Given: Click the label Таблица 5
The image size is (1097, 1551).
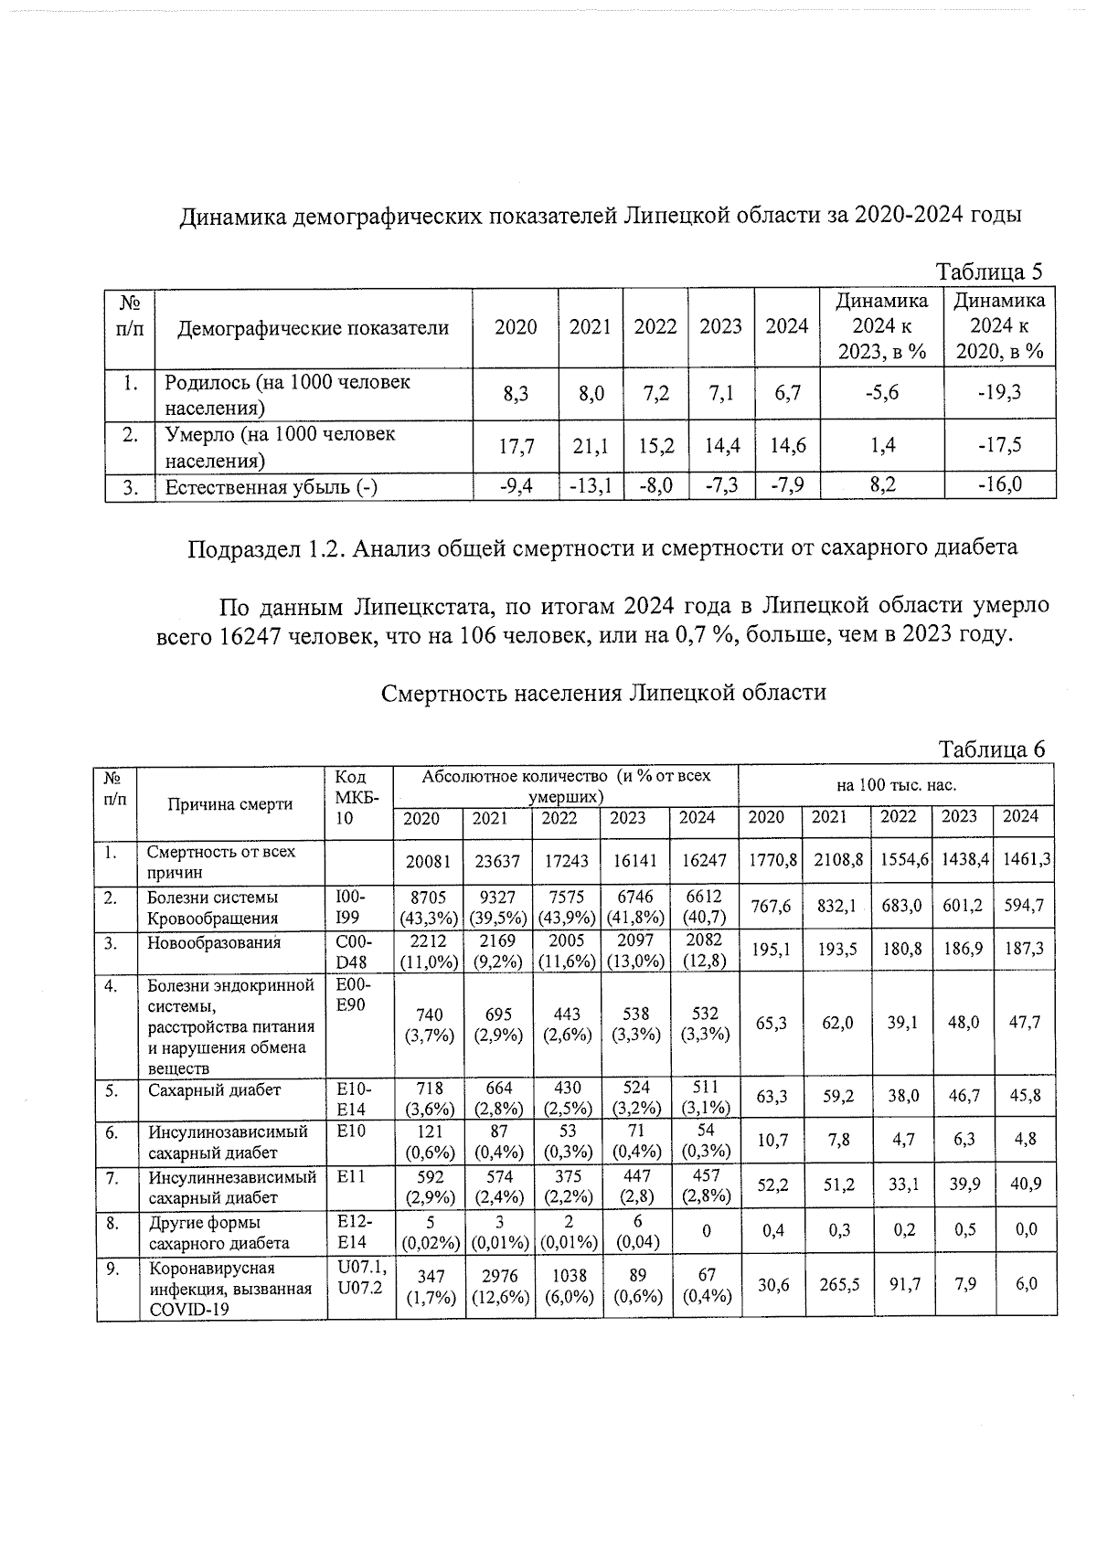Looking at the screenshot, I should point(988,271).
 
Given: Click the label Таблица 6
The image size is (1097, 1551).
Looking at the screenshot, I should point(991,749).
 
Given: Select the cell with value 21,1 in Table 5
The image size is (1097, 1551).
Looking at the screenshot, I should point(590,446).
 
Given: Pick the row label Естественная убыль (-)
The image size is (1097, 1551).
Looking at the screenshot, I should point(271,486).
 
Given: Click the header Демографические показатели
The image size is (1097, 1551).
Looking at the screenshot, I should point(313,327).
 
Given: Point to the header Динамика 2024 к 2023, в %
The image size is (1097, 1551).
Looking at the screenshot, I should point(881,326).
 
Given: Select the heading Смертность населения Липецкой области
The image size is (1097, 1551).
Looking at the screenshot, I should point(603,692).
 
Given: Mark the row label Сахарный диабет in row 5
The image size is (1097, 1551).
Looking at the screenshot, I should point(215,1089).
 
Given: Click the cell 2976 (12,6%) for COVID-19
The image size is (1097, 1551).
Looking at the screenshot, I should point(499,1285).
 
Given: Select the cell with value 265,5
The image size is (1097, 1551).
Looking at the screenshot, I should point(836,1284).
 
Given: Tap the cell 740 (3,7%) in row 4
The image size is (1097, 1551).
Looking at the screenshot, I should point(429,1024).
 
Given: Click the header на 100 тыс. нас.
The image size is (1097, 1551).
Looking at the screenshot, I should point(896,785).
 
